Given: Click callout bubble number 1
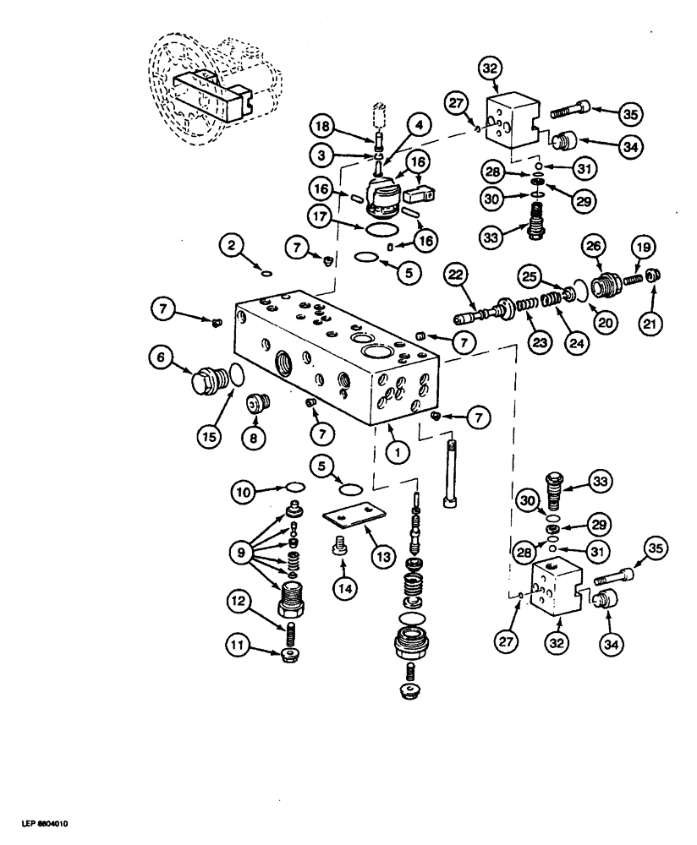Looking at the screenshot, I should point(396,451).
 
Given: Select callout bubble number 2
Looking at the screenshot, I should point(234,246).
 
